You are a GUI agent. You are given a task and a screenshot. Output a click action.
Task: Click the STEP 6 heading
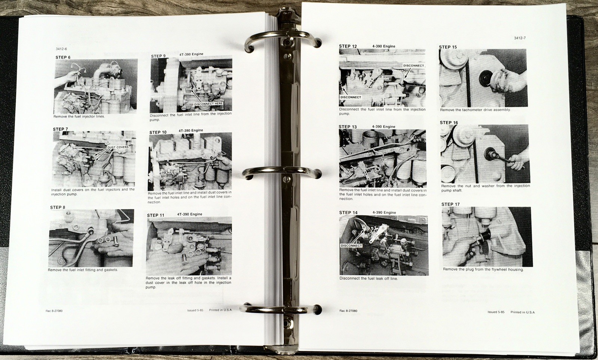click(x=63, y=58)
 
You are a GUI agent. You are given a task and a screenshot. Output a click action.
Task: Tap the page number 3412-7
click(x=520, y=38)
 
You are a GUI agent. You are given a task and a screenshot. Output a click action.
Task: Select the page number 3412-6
click(x=61, y=49)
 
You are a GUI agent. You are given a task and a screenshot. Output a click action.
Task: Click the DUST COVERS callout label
click(x=118, y=147)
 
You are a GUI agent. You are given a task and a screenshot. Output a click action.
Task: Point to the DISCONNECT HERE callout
click(x=208, y=103)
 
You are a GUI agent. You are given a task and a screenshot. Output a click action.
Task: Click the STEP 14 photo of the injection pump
click(x=383, y=245)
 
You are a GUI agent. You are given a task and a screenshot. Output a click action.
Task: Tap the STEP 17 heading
click(x=450, y=204)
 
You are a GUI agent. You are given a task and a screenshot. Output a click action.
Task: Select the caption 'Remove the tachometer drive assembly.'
click(x=475, y=110)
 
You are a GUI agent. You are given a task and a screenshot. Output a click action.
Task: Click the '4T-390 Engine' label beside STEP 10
click(x=191, y=130)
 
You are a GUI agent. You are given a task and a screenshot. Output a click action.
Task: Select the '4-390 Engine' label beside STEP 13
click(x=383, y=127)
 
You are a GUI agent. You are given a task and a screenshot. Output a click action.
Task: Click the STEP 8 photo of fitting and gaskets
click(x=91, y=238)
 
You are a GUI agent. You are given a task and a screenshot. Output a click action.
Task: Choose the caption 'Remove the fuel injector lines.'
click(x=79, y=117)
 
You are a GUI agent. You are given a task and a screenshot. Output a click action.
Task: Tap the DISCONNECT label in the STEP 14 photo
click(x=351, y=246)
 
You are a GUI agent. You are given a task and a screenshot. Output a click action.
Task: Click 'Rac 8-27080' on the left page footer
click(x=54, y=311)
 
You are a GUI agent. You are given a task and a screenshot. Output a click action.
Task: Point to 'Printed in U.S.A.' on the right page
click(x=523, y=312)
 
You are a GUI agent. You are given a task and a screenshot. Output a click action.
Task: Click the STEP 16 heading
click(x=449, y=122)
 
